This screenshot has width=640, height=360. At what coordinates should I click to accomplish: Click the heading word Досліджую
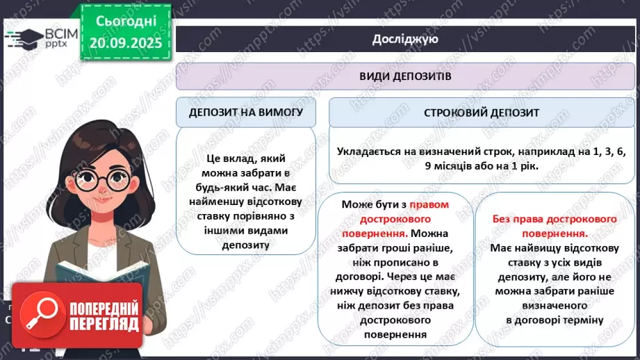404,39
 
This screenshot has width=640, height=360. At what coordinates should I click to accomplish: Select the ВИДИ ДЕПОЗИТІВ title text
404,76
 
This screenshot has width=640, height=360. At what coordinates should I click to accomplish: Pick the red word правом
428,205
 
